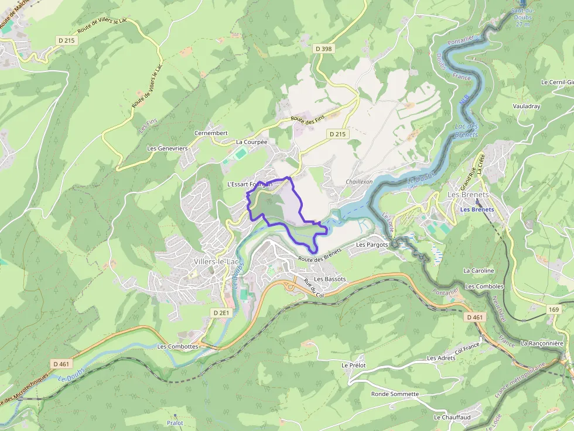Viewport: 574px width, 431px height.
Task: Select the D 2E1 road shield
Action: tap(221, 313)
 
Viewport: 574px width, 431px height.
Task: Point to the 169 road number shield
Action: tap(554, 308)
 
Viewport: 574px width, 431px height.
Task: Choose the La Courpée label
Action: tap(251, 142)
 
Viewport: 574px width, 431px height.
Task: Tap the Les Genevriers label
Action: tap(168, 149)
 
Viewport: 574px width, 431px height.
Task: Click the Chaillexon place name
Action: tap(359, 182)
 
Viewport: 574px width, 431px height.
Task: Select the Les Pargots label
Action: tap(372, 244)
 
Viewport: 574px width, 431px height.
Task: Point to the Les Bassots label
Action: tap(330, 280)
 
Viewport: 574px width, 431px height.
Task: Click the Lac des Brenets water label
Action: tap(466, 130)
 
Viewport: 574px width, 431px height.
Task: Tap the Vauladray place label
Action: tap(526, 106)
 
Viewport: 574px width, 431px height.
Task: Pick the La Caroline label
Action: tap(479, 271)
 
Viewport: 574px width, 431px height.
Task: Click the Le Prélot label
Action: tap(353, 365)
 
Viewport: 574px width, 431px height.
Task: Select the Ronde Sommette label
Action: tap(395, 394)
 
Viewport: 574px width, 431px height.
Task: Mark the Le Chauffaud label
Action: tap(452, 418)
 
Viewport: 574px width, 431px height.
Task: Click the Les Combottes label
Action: tap(178, 346)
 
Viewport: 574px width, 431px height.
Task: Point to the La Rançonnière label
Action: tap(542, 343)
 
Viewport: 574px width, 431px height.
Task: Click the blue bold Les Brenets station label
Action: tap(477, 209)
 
